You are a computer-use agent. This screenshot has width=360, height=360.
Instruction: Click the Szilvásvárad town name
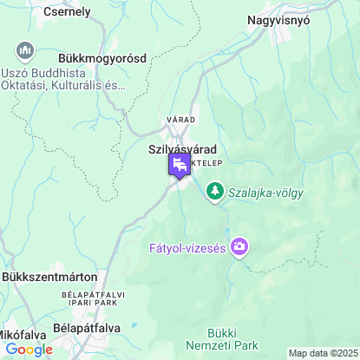[182, 149]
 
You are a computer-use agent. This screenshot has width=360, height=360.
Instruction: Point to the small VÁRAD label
[181, 119]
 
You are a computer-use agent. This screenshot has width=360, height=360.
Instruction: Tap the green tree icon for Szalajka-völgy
[214, 191]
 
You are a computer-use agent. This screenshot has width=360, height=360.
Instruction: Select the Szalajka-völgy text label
[265, 193]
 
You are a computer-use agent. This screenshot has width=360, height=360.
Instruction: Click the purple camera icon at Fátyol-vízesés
[240, 248]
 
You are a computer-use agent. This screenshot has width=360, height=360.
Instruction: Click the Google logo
[29, 349]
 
